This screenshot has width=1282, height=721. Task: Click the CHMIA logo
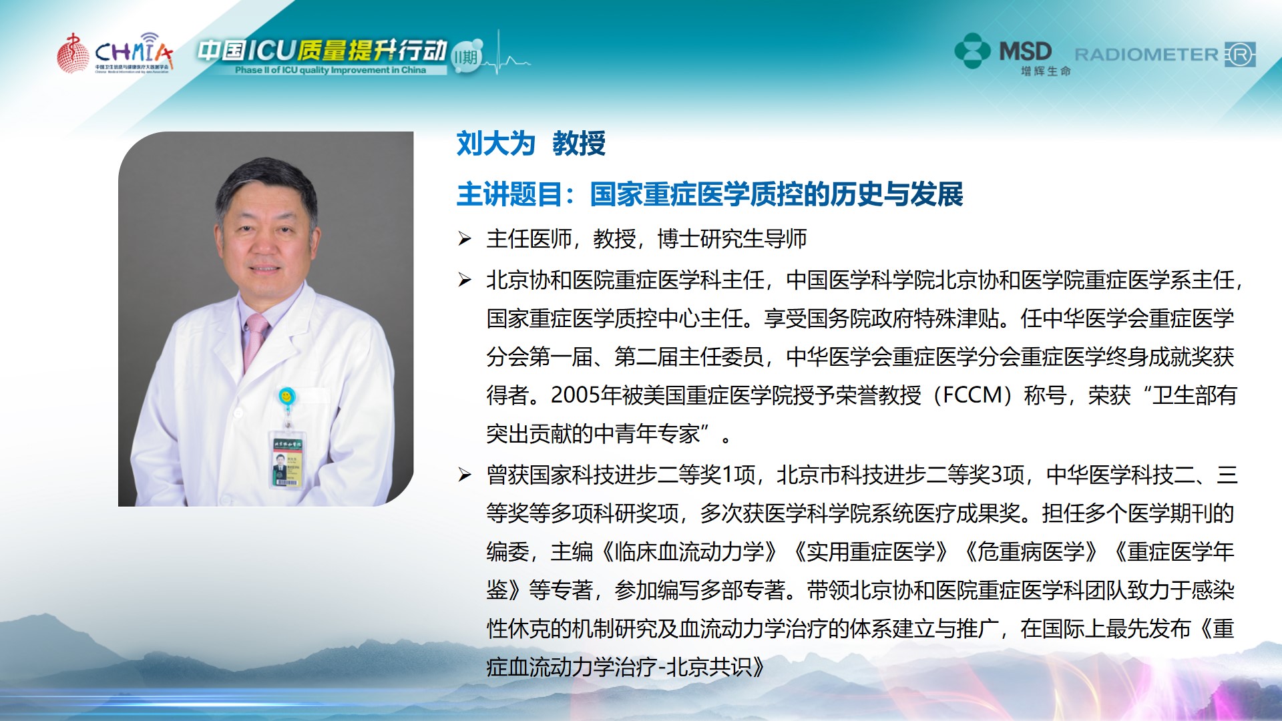(x=115, y=53)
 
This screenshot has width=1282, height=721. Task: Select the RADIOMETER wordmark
(x=1146, y=55)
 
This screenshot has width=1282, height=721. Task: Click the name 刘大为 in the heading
(x=496, y=144)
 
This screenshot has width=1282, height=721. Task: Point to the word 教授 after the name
(x=579, y=144)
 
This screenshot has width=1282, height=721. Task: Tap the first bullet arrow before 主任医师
(x=465, y=238)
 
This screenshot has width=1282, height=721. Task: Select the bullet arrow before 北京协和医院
(x=465, y=280)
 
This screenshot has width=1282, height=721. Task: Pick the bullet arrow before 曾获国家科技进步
(x=465, y=475)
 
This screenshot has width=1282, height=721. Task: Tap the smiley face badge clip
(x=286, y=397)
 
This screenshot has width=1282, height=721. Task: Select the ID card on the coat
(x=288, y=461)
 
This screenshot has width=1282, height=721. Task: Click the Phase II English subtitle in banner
(x=331, y=70)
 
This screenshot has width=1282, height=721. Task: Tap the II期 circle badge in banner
(x=467, y=57)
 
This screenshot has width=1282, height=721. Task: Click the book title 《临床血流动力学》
(x=689, y=552)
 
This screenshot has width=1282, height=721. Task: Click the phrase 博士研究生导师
(x=732, y=238)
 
